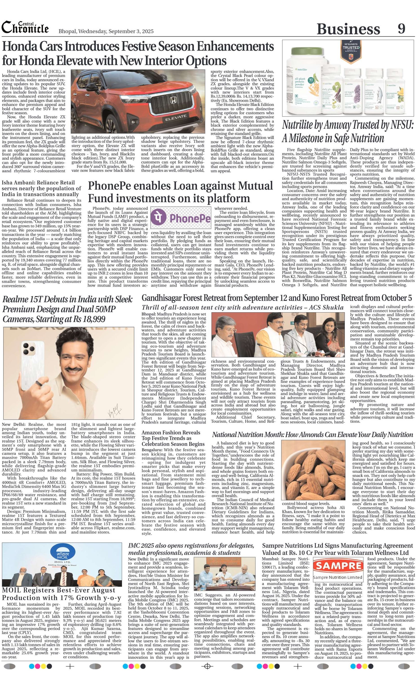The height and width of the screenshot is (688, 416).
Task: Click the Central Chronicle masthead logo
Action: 25,28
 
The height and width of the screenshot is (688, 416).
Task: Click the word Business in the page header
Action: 348,29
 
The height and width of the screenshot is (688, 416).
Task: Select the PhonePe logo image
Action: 180,218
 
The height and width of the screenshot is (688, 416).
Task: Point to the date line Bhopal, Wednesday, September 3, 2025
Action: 106,31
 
